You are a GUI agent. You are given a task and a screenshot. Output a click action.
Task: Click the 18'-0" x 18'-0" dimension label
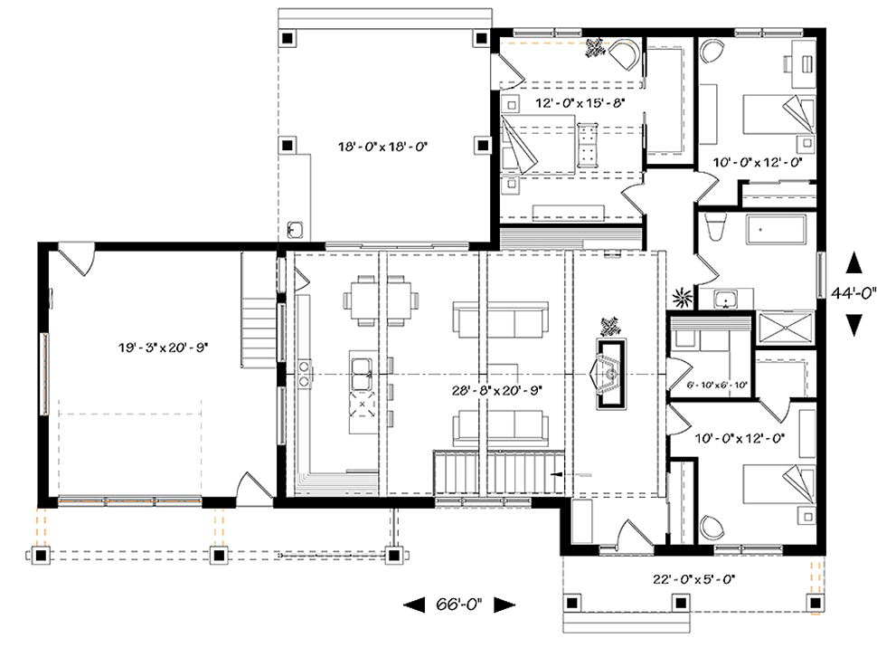(382, 147)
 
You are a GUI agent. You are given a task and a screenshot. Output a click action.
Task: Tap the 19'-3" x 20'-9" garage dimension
(163, 348)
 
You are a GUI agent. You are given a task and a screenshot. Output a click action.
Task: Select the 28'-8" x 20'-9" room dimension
(497, 390)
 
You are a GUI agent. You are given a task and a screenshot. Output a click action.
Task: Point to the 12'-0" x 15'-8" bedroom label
(580, 102)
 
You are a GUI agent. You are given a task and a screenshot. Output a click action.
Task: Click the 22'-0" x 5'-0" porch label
(693, 579)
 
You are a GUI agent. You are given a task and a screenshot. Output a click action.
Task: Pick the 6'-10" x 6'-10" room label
(717, 385)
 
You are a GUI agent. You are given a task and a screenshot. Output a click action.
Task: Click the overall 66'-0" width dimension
(458, 605)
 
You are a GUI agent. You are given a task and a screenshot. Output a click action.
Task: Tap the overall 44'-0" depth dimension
(853, 293)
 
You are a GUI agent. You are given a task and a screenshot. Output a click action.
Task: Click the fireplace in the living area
(610, 374)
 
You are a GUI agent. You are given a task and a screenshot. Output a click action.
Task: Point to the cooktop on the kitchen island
(363, 405)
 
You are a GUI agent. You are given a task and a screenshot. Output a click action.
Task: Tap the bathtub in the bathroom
(776, 230)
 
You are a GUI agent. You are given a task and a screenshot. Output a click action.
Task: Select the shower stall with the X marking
(784, 328)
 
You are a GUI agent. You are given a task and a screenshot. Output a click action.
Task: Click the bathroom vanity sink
(726, 299)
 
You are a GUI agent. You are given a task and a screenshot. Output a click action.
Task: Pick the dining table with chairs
(381, 300)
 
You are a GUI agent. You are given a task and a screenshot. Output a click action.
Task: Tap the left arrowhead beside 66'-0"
(414, 605)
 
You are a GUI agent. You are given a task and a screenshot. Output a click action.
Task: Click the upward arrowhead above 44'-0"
(853, 262)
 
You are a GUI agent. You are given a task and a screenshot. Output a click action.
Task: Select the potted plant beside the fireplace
(610, 326)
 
